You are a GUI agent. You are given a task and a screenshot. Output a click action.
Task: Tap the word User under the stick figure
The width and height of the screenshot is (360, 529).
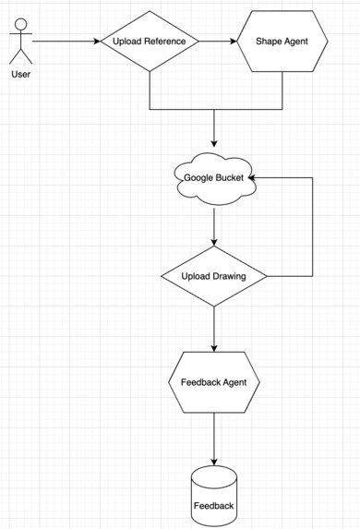[20, 74]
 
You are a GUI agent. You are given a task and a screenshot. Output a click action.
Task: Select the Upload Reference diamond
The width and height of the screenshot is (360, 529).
[150, 42]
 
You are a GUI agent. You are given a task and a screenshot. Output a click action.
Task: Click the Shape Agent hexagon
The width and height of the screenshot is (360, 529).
[282, 42]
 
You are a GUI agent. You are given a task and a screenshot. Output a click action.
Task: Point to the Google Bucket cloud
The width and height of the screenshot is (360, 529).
[214, 177]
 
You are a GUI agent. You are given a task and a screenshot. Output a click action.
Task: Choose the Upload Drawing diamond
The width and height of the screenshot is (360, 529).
[214, 276]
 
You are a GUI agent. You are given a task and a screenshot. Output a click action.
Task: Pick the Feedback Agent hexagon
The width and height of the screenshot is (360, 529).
[214, 381]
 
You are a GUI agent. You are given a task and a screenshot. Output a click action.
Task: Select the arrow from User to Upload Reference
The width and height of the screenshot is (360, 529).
[65, 42]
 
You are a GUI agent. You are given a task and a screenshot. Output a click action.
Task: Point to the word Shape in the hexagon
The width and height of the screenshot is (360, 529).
[268, 42]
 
